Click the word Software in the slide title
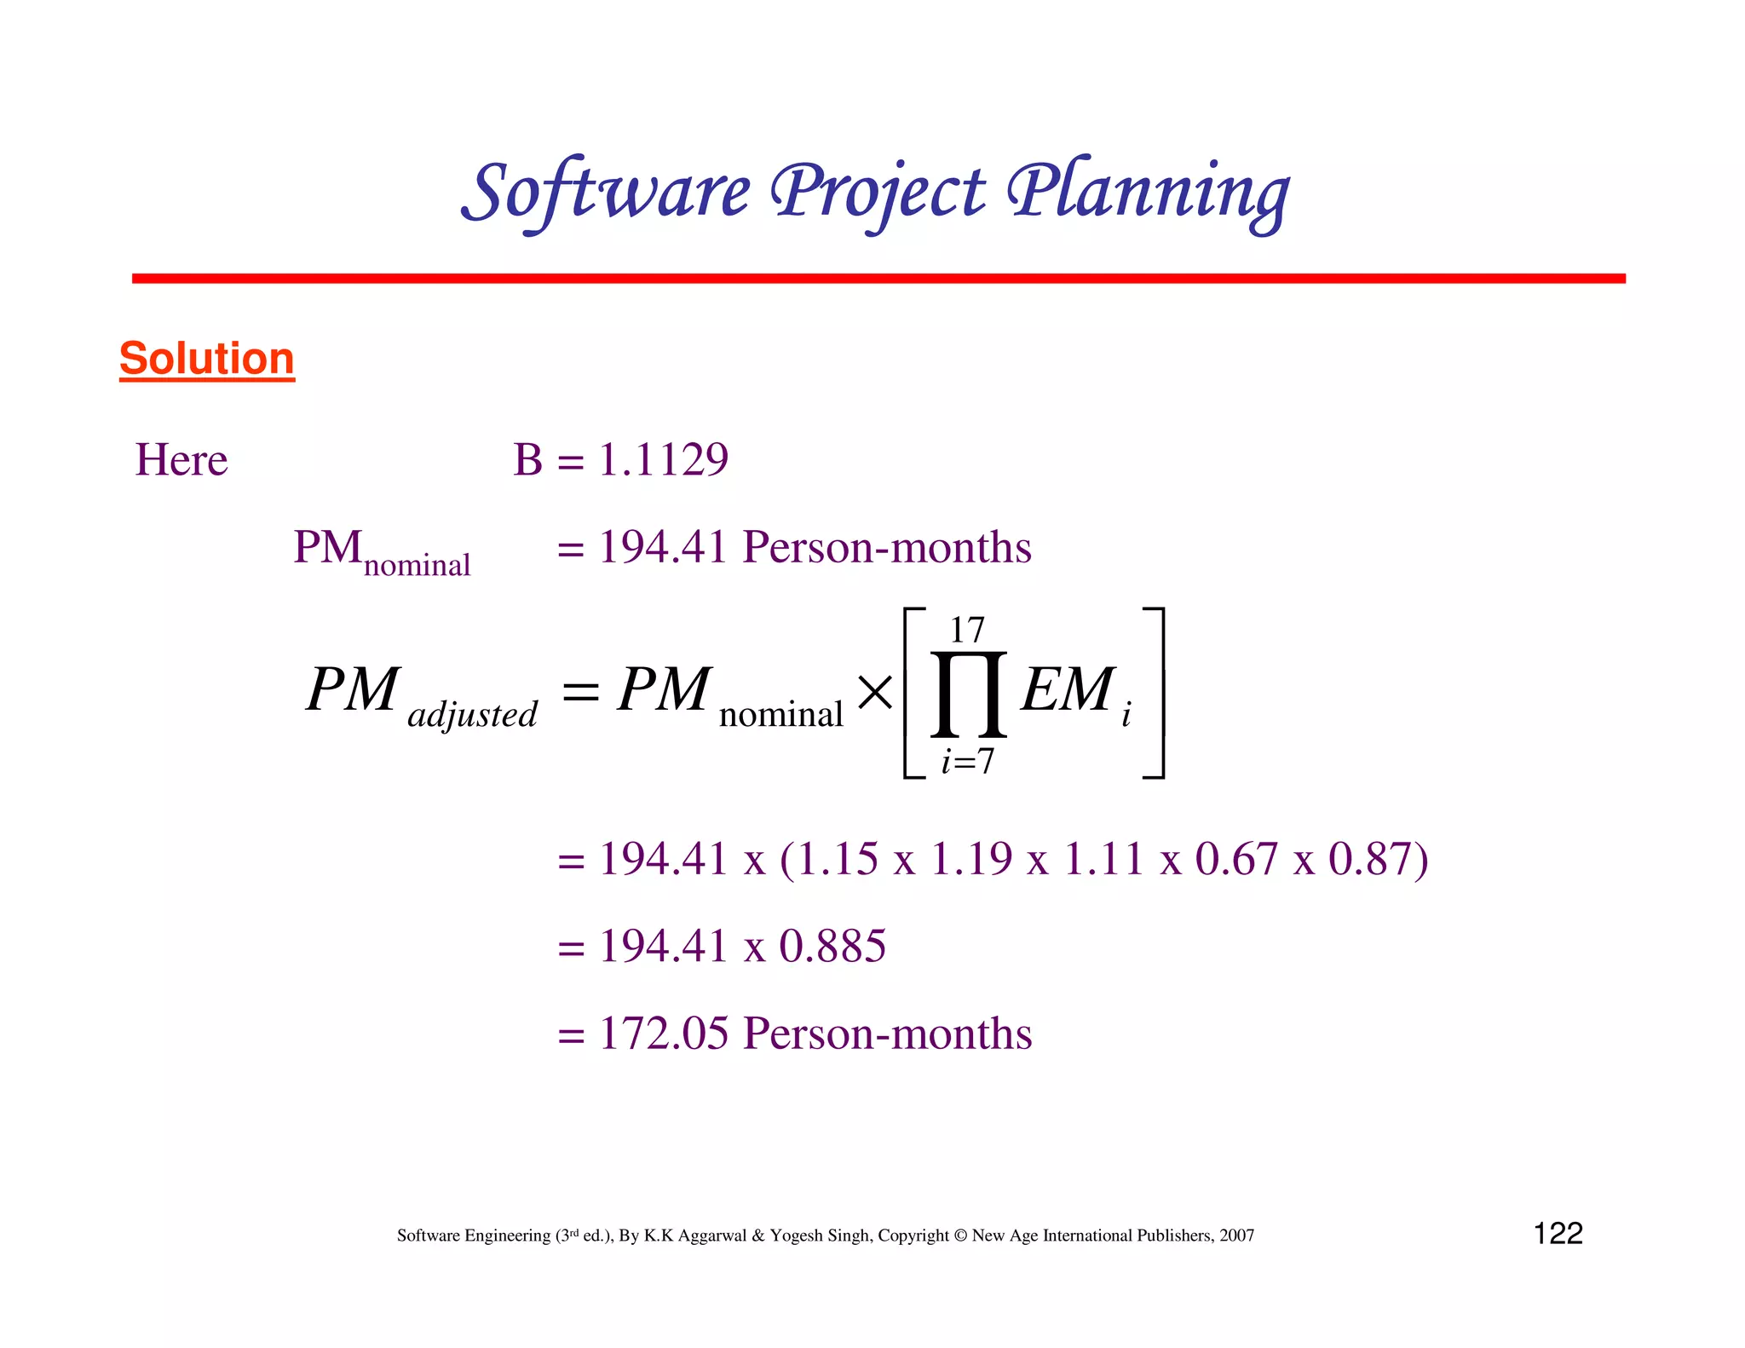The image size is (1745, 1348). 607,193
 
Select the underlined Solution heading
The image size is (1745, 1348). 207,358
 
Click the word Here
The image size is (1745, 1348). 181,460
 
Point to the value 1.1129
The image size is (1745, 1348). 663,460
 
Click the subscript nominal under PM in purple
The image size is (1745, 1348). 417,566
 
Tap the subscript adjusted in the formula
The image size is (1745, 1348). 472,714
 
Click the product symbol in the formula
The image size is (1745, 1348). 968,694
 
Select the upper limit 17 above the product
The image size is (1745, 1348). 967,631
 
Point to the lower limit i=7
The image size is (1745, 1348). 967,761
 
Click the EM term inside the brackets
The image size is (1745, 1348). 1068,690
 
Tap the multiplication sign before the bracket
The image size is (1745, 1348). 875,692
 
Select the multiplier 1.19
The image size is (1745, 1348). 971,859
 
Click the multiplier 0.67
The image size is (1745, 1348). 1236,859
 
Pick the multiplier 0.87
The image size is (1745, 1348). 1370,859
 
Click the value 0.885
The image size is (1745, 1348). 832,947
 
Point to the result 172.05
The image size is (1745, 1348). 664,1034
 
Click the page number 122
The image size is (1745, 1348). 1558,1234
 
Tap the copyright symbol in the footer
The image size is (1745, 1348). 960,1236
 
